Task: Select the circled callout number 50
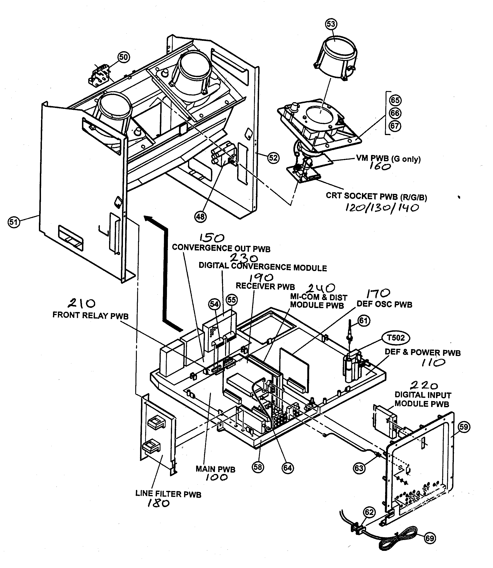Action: [x=124, y=57]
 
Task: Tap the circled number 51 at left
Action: [x=14, y=222]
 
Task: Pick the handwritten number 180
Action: [x=158, y=503]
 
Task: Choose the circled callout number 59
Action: [x=464, y=427]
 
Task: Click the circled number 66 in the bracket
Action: [x=395, y=113]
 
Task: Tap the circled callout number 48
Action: [x=200, y=217]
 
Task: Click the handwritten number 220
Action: [x=424, y=385]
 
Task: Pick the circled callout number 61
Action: [x=363, y=321]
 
